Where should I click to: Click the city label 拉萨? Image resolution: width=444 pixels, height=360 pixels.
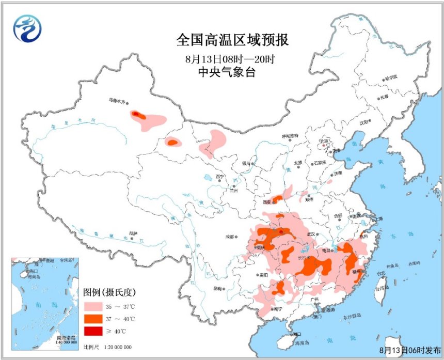(133, 233)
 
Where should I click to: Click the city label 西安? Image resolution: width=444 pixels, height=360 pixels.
(267, 202)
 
